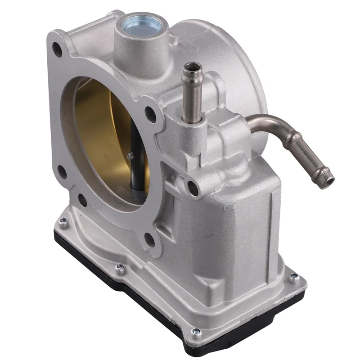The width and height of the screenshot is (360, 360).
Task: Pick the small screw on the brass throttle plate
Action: click(x=130, y=156)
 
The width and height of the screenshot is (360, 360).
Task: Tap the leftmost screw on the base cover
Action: click(x=63, y=221)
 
